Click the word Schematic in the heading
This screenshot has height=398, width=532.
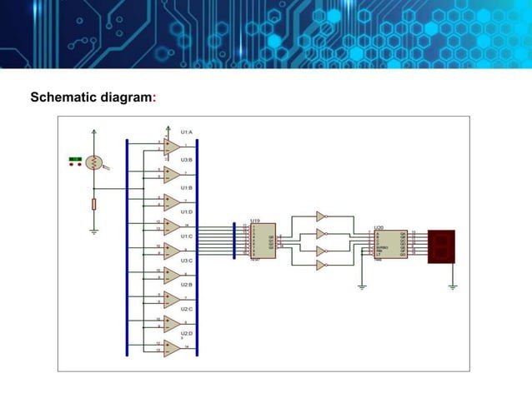63,97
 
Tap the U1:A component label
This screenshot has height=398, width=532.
186,132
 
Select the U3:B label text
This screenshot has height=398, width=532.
186,159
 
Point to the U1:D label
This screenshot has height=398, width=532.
186,212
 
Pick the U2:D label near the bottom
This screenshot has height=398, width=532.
186,333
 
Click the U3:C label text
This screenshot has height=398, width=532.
186,261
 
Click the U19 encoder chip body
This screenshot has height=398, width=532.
263,241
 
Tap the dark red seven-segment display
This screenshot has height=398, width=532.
441,246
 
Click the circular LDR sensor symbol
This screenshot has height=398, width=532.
94,162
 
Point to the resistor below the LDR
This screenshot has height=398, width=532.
94,204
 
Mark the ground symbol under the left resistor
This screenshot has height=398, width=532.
94,229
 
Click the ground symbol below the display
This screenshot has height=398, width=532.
452,286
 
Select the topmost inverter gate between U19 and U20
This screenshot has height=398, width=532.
321,216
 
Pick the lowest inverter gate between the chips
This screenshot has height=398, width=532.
321,265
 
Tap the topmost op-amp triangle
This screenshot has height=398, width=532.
172,147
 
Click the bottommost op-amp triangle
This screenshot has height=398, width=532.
172,350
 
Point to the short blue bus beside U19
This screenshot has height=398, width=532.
234,239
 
